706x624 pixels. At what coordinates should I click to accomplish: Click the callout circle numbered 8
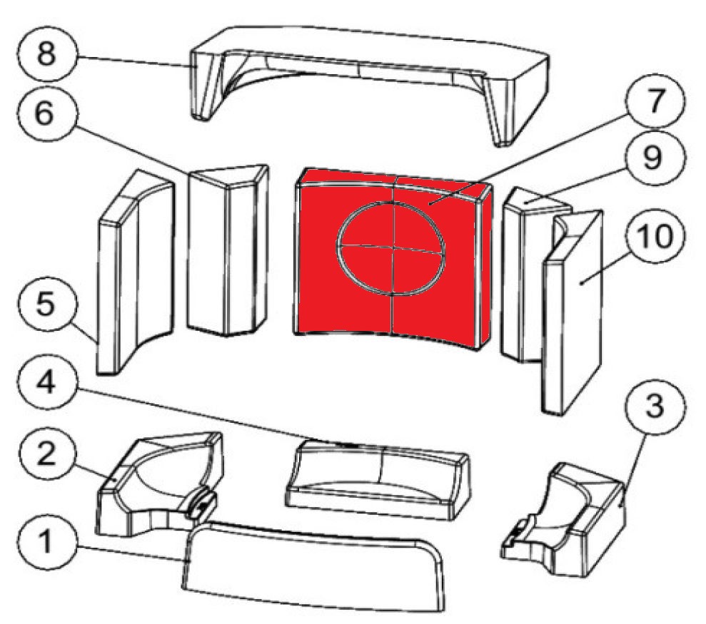pos(46,53)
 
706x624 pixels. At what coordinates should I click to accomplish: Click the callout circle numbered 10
pos(655,236)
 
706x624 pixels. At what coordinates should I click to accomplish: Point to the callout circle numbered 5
pos(46,303)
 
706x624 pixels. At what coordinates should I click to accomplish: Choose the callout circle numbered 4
pos(46,384)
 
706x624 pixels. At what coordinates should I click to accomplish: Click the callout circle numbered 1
pos(46,541)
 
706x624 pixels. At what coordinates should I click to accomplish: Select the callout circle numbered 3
pos(655,405)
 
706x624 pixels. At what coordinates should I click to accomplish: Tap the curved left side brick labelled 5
pos(135,272)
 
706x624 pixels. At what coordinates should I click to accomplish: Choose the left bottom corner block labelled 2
pos(158,485)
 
